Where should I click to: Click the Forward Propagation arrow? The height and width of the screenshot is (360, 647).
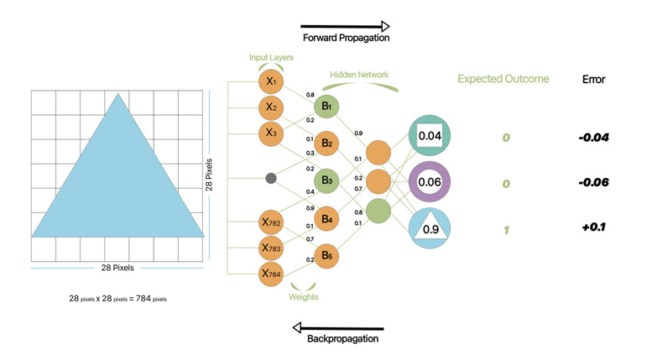pos(345,27)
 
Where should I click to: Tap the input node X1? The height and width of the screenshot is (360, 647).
pos(270,81)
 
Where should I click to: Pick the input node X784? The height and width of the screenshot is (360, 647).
pos(270,273)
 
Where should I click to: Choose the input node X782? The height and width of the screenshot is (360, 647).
pos(270,223)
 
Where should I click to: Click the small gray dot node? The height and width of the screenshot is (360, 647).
pos(270,178)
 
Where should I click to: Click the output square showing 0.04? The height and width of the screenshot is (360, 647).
pos(429,136)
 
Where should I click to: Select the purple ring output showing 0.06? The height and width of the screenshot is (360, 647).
pos(429,182)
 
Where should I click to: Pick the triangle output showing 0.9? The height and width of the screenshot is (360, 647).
pos(429,227)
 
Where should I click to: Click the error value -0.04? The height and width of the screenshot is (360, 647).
pos(593,138)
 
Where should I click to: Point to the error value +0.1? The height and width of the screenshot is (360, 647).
pos(593,227)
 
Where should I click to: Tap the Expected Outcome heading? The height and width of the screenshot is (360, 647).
pos(503,80)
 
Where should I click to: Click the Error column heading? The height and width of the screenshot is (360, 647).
pos(593,80)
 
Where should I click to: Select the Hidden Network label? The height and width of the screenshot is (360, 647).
pos(359,75)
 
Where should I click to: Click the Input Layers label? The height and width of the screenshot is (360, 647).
pos(269,57)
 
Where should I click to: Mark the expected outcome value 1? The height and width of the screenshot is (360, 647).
pos(505,229)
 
